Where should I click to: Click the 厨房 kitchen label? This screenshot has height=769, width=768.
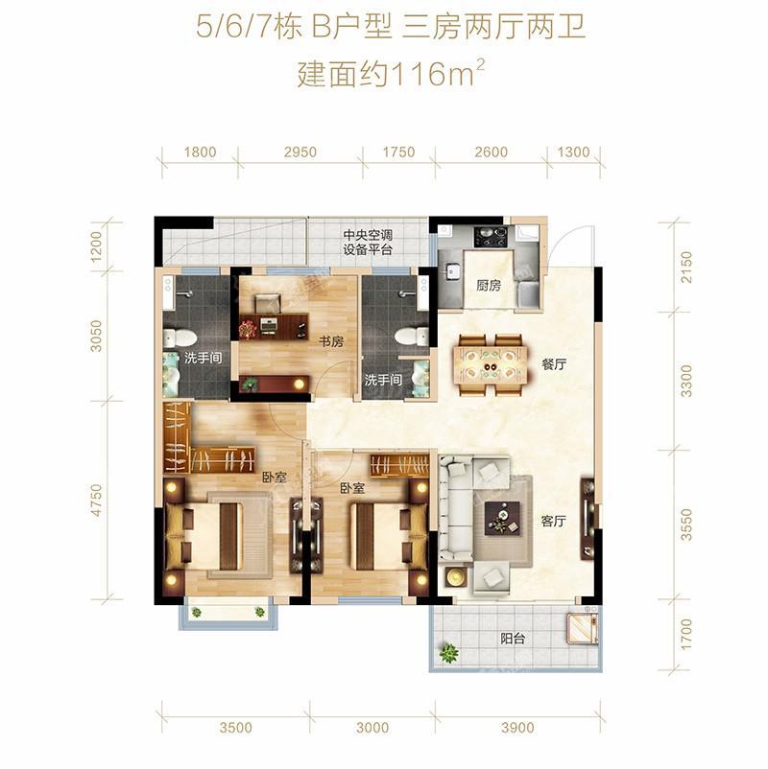coord(488,286)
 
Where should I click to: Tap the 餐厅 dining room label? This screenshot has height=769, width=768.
coord(553,364)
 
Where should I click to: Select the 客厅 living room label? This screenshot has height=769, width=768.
coord(553,521)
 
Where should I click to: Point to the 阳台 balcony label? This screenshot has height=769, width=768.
coord(513,639)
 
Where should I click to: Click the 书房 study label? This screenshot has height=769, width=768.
coord(331,341)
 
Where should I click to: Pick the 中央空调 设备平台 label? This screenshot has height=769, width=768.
coord(368,243)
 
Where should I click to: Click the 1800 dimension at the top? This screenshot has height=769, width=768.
coord(200,152)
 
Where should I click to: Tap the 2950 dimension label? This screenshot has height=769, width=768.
coord(300,152)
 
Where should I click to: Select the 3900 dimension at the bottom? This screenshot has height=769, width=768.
coord(517,728)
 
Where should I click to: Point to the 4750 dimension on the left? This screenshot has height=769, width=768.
coord(97,500)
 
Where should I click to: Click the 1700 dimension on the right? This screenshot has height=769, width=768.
coord(686,635)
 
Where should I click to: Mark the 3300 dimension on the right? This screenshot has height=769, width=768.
coord(686,381)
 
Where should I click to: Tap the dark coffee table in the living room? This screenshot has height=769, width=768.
coord(503,519)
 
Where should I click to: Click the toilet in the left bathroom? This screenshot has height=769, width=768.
coord(180,338)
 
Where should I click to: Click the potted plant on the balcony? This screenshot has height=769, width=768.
coord(447,652)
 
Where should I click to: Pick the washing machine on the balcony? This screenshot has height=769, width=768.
coord(583,629)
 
